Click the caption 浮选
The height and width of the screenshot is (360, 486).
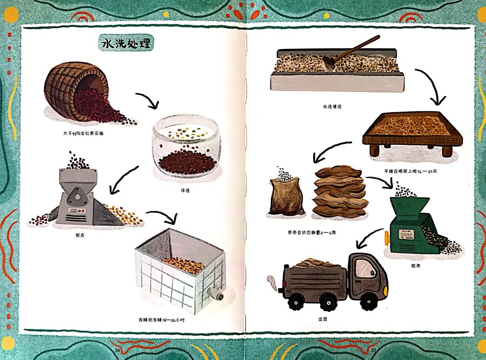[184, 190]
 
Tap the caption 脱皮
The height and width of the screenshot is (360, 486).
[81, 234]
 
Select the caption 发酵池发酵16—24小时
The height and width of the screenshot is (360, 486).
[162, 320]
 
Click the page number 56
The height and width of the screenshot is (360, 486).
[117, 350]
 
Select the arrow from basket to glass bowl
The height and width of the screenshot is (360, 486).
[148, 100]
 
